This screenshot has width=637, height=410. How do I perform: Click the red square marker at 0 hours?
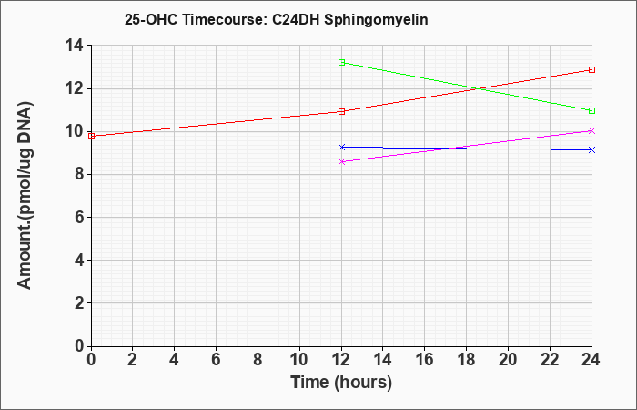(x=91, y=137)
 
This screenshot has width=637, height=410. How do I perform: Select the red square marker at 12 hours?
(x=341, y=111)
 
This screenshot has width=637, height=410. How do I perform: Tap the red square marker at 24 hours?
(x=591, y=69)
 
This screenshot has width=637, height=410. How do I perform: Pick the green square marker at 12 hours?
(x=341, y=62)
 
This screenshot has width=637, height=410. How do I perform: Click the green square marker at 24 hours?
(x=591, y=110)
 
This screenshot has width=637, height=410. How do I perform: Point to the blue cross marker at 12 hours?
(x=341, y=147)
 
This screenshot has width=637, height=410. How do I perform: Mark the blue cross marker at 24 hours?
(x=591, y=150)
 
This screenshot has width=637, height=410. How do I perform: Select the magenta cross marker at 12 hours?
(x=341, y=161)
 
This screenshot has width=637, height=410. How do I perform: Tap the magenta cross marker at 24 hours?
(x=591, y=130)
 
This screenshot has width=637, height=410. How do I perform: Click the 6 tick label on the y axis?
(x=79, y=217)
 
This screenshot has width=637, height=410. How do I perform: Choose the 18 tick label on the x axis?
(x=466, y=360)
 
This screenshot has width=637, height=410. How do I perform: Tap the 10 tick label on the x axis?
(x=299, y=360)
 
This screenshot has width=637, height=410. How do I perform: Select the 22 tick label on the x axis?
(x=550, y=360)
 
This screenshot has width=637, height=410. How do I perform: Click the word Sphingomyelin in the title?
(x=376, y=20)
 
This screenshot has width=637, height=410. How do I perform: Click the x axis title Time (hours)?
(x=341, y=383)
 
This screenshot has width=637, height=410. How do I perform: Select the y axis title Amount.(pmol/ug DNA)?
(x=25, y=195)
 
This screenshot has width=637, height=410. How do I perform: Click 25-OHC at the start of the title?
(x=151, y=19)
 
